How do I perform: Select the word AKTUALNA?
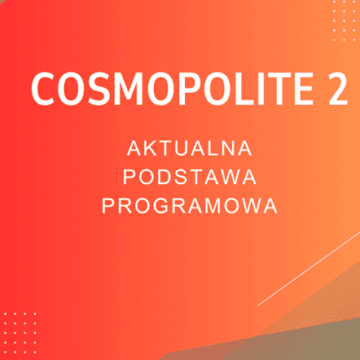(189, 149)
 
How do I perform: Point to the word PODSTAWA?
(189, 177)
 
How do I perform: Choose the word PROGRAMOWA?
(189, 206)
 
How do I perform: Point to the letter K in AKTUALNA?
(151, 149)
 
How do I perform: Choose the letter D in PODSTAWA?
(164, 177)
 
